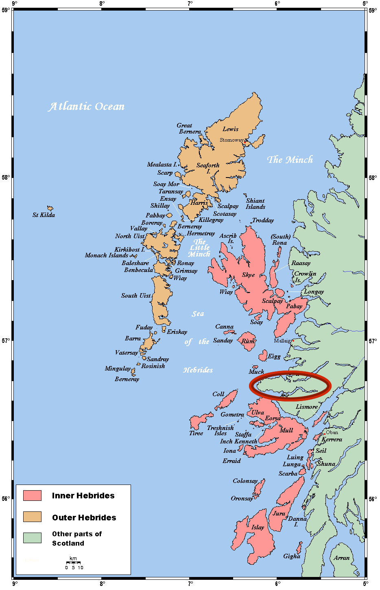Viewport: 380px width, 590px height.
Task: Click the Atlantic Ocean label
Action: pos(87,107)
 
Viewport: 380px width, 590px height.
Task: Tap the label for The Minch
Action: pos(290,160)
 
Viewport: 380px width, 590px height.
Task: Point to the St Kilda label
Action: pos(44,215)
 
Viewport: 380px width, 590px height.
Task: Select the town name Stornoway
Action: pos(231,140)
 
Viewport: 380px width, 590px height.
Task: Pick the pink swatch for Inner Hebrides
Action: pos(32,496)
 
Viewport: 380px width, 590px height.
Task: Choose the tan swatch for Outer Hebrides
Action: pos(32,517)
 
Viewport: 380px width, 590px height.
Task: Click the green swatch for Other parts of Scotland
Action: pos(32,538)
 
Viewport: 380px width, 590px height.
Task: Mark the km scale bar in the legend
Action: pos(73,563)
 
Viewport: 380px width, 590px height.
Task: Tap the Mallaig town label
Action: pos(282,341)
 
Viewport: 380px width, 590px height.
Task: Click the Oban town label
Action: pos(332,432)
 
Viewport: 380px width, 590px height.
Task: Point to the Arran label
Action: pos(341,558)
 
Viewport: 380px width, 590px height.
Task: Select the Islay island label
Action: pos(258,527)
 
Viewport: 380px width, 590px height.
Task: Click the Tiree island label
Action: pos(196,433)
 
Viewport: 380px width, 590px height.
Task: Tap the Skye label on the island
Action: pos(248,275)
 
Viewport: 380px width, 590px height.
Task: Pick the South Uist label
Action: pos(135,296)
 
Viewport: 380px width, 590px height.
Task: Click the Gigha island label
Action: pos(291,556)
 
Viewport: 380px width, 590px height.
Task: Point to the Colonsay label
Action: pos(245,481)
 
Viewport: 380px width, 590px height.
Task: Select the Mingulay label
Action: pos(118,368)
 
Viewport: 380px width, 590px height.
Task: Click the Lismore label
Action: pos(306,407)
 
